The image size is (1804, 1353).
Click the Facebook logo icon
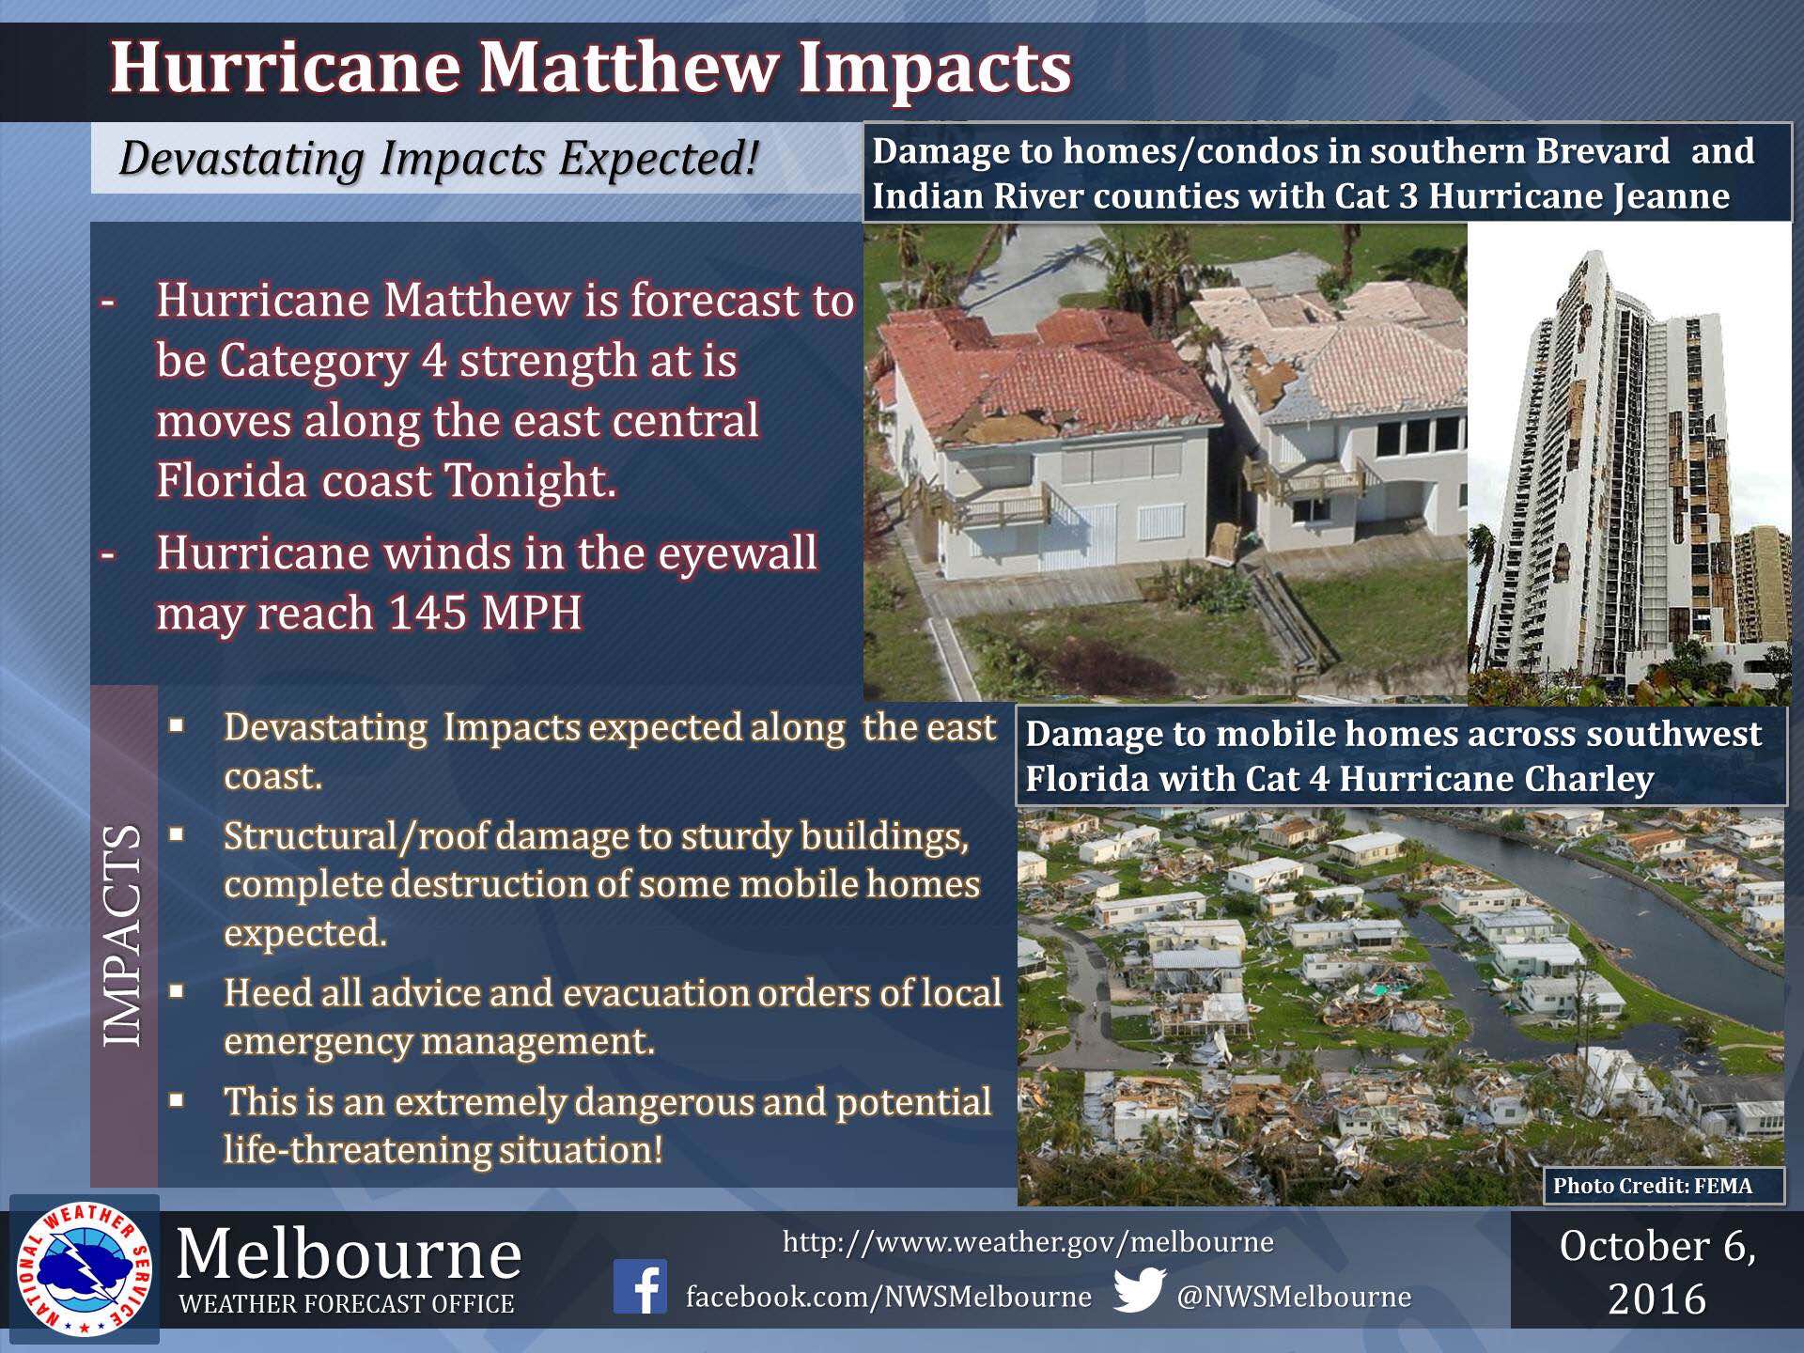(x=640, y=1286)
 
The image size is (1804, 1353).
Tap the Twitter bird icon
(x=1140, y=1289)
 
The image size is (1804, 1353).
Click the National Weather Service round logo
(x=84, y=1268)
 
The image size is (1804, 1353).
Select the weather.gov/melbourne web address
(x=1028, y=1242)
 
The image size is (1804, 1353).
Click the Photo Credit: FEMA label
(x=1652, y=1186)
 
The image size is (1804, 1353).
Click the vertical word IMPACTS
(x=123, y=936)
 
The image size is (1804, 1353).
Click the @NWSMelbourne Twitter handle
(x=1294, y=1298)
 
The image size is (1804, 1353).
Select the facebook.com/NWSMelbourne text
(x=889, y=1298)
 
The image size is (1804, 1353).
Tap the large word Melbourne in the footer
(x=349, y=1254)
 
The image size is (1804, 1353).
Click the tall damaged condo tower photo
(x=1629, y=465)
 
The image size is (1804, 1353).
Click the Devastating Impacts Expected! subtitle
(x=438, y=158)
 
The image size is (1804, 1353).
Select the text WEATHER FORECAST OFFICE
(x=347, y=1304)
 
